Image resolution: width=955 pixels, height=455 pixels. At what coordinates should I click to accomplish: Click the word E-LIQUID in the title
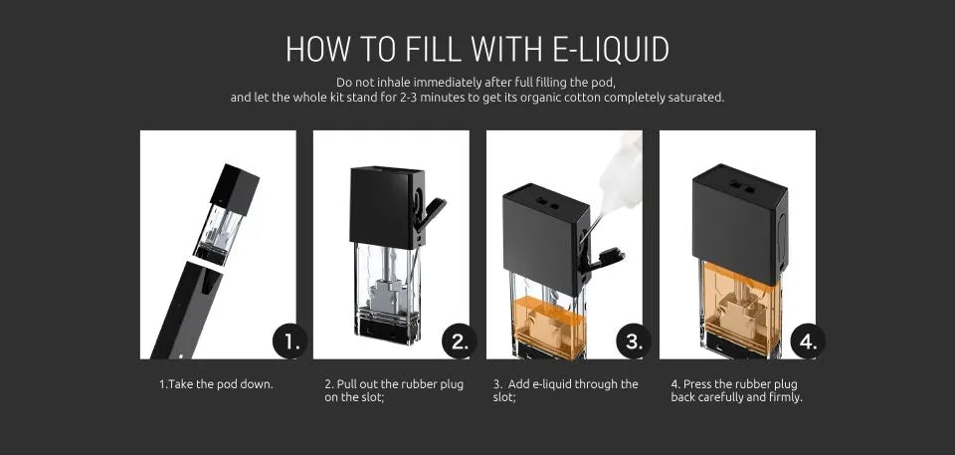(611, 50)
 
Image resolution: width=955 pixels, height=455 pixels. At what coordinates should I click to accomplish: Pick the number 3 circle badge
(634, 341)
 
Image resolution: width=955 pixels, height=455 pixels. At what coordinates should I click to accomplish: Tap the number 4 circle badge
(808, 341)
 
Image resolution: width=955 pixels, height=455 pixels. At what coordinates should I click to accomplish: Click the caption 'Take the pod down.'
(221, 385)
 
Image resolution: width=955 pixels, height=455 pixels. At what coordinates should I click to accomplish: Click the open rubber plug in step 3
(602, 259)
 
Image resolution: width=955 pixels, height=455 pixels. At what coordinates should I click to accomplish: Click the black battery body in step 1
(185, 310)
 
